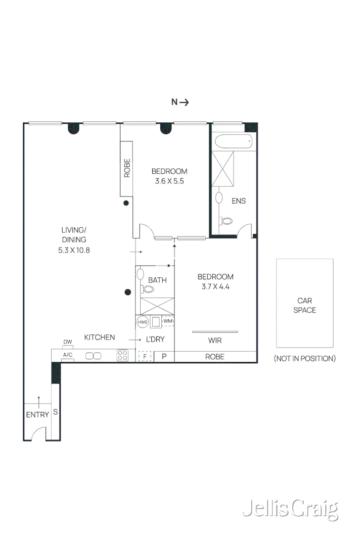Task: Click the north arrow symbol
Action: pos(180,102)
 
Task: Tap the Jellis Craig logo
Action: pos(290,509)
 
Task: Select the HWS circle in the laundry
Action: pos(142,322)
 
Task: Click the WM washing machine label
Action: pos(168,321)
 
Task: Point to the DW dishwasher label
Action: pos(67,342)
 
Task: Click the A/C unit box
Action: pos(67,355)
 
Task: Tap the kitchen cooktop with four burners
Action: pos(122,355)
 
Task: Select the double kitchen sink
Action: pos(94,355)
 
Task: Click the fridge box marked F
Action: pos(145,357)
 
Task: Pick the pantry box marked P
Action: pos(164,357)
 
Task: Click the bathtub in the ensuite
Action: pos(233,141)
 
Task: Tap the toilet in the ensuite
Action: pos(226,221)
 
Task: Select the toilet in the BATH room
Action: pos(148,289)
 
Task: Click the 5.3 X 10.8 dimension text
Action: pos(74,250)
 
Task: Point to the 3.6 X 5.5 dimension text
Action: pos(169,180)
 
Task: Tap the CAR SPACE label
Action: pos(304,305)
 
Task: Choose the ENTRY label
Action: pos(37,415)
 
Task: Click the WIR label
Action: pos(215,340)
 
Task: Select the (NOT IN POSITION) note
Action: pos(304,358)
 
